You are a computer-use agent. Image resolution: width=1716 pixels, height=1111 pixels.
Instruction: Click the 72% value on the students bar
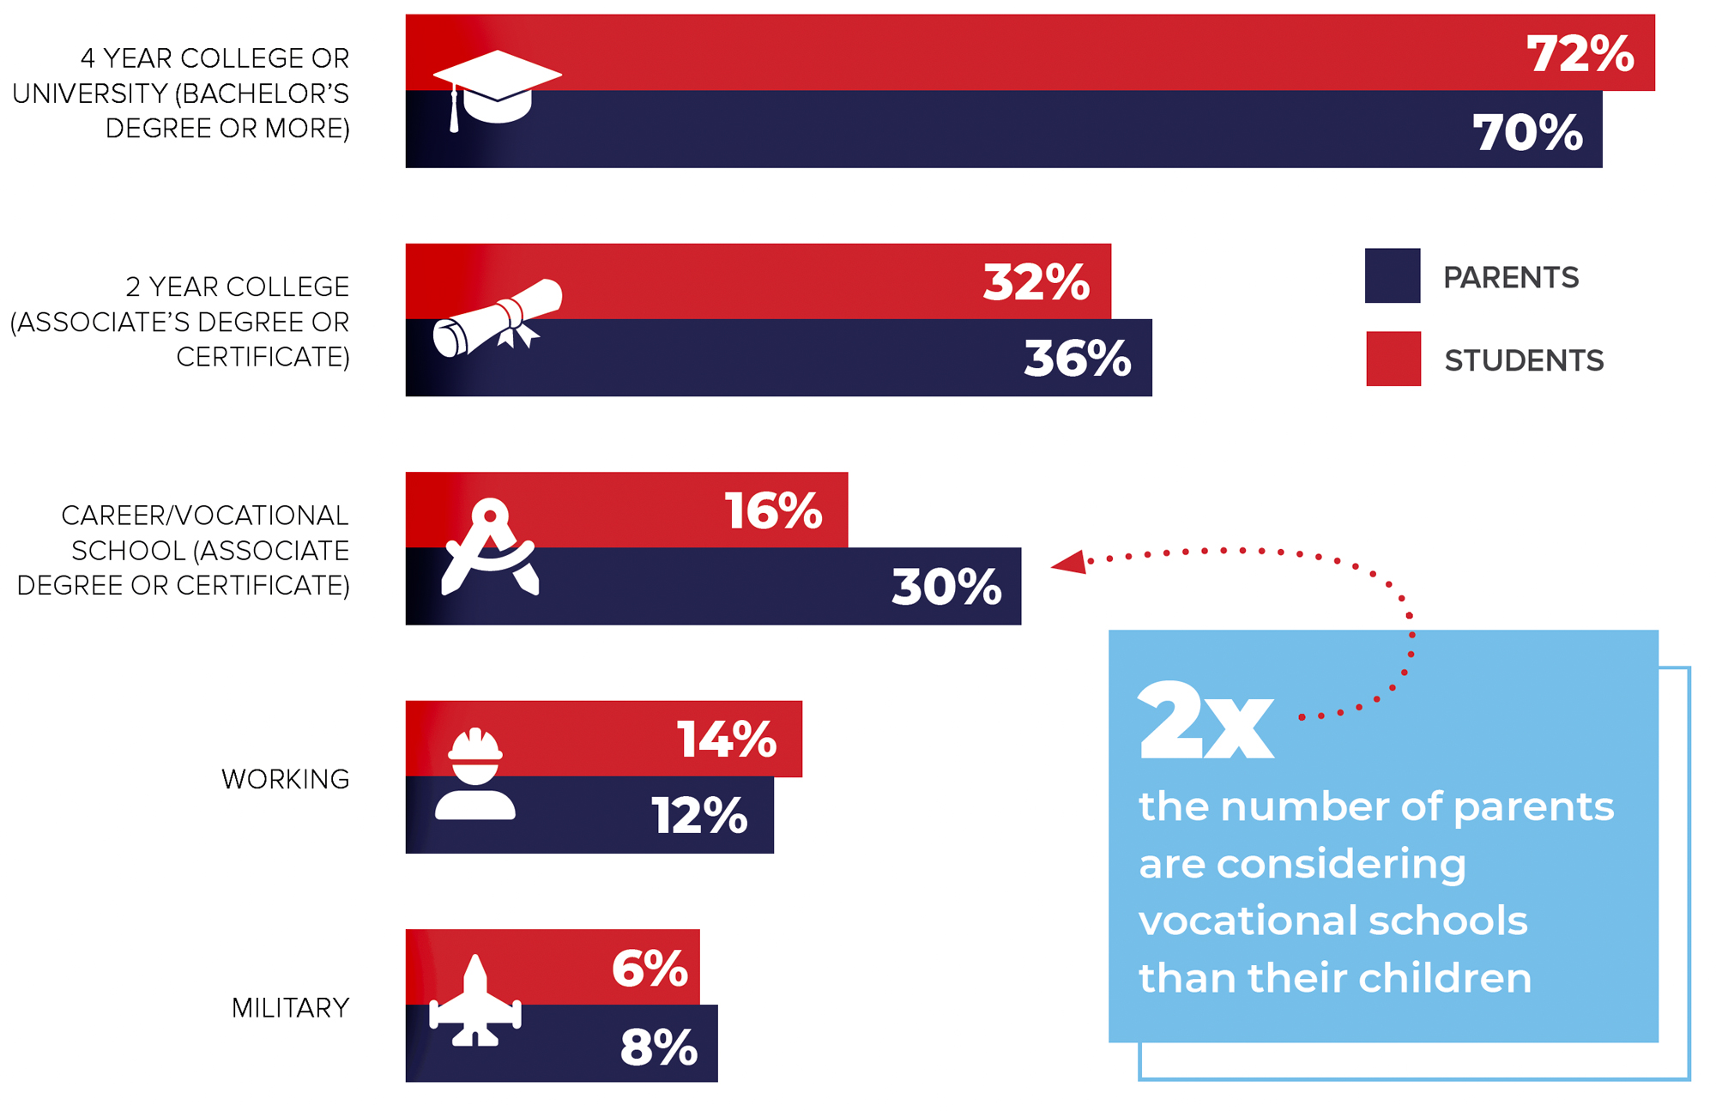point(1580,54)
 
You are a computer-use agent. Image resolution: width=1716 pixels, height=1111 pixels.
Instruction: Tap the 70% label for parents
point(1527,133)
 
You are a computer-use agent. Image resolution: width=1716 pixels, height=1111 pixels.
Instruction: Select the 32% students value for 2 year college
point(1036,282)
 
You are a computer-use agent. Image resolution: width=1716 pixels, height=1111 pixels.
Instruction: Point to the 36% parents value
point(1077,359)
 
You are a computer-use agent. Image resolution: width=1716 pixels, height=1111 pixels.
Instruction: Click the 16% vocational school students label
point(773,511)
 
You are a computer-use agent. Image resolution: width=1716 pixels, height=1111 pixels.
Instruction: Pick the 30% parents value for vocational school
point(946,587)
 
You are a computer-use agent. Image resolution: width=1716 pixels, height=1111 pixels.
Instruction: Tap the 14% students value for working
point(726,740)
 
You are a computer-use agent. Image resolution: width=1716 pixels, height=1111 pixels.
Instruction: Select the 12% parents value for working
point(699,815)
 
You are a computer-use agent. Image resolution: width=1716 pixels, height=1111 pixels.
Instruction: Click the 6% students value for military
point(650,969)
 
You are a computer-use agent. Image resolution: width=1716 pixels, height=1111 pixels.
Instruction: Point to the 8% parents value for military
point(658,1048)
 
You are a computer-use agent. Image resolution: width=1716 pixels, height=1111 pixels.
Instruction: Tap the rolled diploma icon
point(497,317)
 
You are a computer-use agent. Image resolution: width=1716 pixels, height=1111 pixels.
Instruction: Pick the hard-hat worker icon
point(475,774)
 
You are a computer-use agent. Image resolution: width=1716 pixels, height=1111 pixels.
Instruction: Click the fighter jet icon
point(475,1001)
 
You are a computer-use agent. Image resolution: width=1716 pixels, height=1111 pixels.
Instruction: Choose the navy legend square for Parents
point(1392,276)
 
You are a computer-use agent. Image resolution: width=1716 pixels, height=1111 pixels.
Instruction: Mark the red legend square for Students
point(1393,359)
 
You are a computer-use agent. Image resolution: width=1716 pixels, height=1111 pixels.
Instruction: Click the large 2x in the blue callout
point(1205,721)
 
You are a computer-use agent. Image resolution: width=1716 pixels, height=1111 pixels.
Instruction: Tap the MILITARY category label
point(290,1008)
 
